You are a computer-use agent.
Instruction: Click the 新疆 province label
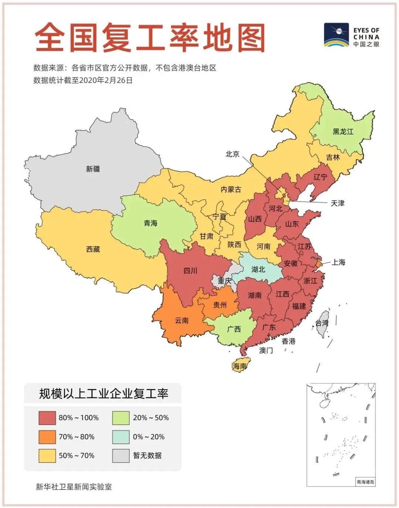(x=93, y=169)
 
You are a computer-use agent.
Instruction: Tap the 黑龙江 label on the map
(x=343, y=132)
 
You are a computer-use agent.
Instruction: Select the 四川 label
(x=190, y=271)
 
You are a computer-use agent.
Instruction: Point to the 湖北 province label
(x=258, y=269)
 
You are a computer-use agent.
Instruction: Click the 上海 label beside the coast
(x=338, y=262)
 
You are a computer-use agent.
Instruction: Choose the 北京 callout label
(x=232, y=154)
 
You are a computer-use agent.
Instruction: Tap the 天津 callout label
(x=337, y=203)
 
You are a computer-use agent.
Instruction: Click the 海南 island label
(x=240, y=366)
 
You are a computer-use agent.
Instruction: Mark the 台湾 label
(x=322, y=323)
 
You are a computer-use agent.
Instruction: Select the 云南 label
(x=181, y=320)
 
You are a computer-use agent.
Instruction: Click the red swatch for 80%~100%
(x=47, y=418)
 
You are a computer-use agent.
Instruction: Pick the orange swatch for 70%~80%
(x=47, y=437)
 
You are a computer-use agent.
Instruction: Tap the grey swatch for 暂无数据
(x=121, y=456)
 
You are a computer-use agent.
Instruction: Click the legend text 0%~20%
(x=149, y=437)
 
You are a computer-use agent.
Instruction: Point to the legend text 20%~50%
(x=151, y=418)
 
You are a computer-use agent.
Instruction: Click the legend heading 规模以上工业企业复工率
(x=103, y=394)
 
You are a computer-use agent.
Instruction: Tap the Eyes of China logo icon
(x=336, y=35)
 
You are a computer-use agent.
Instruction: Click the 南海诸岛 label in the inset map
(x=365, y=482)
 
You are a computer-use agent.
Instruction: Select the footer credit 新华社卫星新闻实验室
(x=74, y=487)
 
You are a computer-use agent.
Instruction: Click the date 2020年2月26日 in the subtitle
(x=106, y=80)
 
